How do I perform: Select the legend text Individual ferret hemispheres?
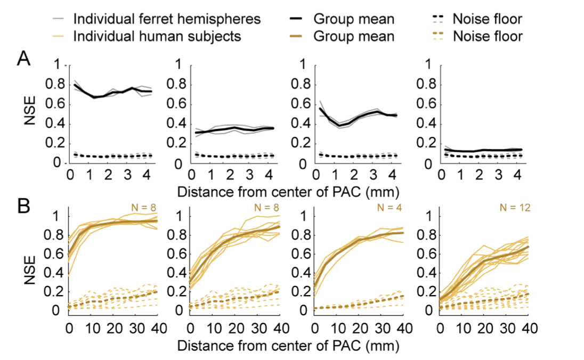(167, 20)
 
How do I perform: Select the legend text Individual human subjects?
(157, 36)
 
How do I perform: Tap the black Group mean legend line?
(296, 20)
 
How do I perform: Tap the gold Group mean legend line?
(296, 36)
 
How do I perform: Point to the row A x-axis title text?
(288, 189)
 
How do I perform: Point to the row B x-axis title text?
(288, 345)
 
